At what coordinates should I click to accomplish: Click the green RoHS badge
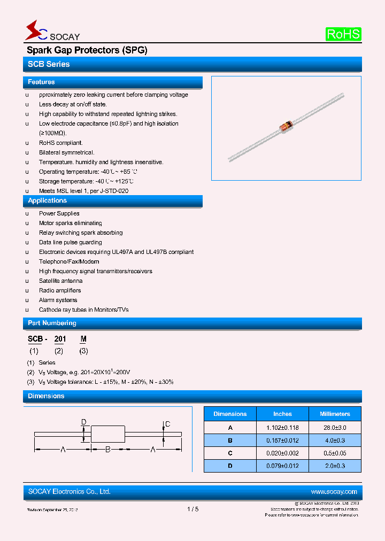tap(343, 34)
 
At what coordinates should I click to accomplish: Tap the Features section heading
tap(41, 82)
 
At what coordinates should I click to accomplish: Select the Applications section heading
tap(47, 200)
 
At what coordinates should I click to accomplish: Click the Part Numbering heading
tap(52, 323)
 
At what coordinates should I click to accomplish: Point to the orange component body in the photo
tap(286, 127)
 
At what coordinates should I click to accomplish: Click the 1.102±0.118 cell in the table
tap(282, 428)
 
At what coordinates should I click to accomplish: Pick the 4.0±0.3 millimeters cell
tap(335, 440)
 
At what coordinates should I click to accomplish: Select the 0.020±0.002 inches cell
tap(282, 453)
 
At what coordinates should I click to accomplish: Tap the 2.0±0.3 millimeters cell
tap(335, 466)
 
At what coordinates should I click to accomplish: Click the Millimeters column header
tap(335, 414)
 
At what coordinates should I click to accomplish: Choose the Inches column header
tap(282, 414)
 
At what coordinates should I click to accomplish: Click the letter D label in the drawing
tap(83, 422)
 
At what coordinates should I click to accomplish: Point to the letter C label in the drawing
tap(167, 424)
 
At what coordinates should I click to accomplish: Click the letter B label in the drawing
tap(107, 450)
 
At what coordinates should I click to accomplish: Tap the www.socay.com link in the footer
tap(334, 492)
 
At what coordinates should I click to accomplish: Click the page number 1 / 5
tap(193, 509)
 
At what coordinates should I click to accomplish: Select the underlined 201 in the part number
tap(60, 339)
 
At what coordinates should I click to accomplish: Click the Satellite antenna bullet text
tap(60, 281)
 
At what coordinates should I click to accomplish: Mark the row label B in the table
tap(230, 440)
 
